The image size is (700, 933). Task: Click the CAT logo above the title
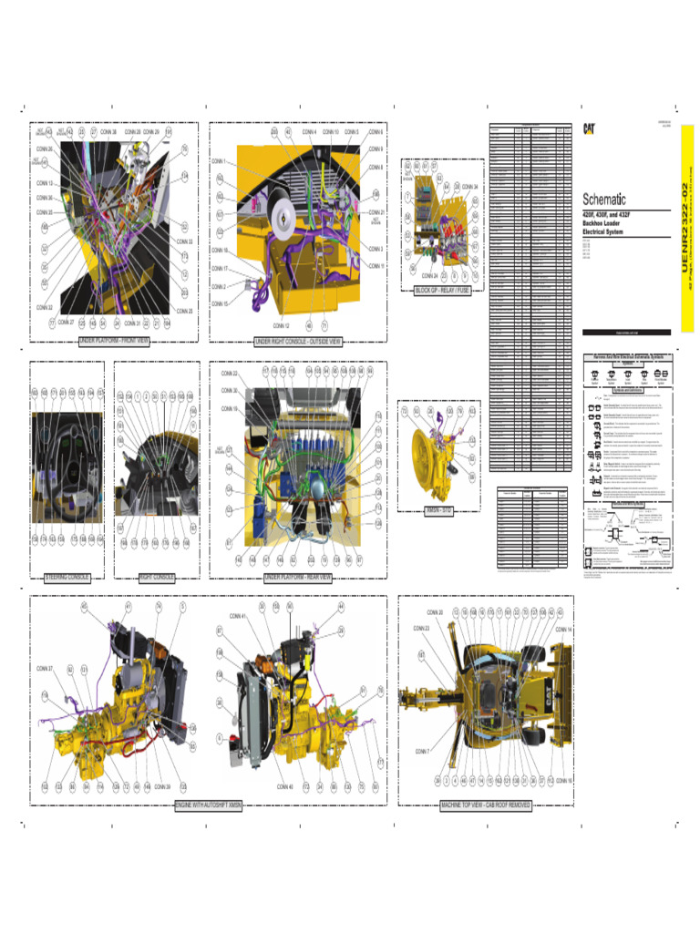point(590,128)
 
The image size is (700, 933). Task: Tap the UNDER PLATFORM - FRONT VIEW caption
point(113,342)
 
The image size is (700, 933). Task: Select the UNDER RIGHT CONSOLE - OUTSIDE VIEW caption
point(297,342)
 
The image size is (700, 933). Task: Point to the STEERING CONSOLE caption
point(67,577)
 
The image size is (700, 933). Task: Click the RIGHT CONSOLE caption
point(157,577)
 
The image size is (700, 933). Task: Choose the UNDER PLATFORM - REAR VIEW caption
point(297,577)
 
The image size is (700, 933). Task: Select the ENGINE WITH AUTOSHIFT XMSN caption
point(210,805)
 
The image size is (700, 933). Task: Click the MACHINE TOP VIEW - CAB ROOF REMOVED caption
point(487,805)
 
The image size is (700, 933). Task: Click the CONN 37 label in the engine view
point(45,669)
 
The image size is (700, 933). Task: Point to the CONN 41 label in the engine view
point(238,617)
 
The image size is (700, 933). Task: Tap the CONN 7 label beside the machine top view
point(422,751)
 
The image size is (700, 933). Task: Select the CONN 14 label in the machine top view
point(563,630)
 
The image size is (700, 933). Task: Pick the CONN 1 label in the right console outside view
point(219,161)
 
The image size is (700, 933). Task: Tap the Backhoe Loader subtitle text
point(602,223)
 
